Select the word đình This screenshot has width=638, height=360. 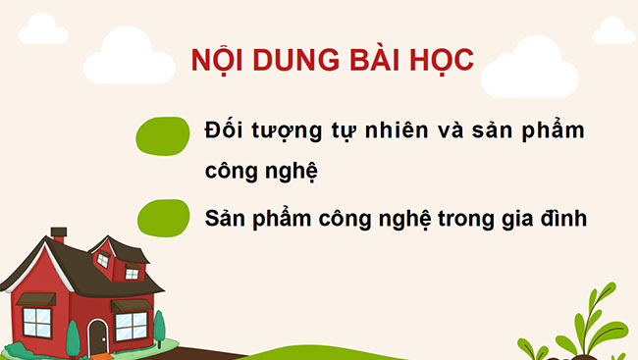tap(567, 217)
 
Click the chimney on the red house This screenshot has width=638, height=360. tap(59, 236)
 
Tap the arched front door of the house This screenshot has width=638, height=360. tap(98, 337)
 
